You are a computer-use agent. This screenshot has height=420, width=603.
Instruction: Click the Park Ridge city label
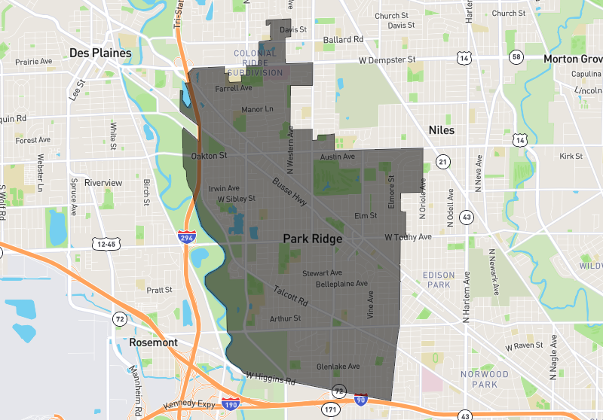click(x=312, y=239)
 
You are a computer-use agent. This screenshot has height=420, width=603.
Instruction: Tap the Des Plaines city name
click(x=100, y=53)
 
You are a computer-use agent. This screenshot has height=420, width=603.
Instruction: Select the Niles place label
click(x=442, y=130)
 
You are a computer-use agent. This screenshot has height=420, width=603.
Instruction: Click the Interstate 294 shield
click(x=185, y=237)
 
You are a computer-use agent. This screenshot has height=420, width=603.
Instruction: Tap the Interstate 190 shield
click(x=231, y=405)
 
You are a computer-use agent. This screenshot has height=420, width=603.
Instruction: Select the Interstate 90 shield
click(x=361, y=400)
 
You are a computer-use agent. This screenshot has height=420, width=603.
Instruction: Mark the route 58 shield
click(x=516, y=57)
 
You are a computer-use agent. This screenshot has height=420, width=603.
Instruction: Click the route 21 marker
click(x=443, y=162)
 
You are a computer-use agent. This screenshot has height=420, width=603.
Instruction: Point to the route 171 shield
click(x=330, y=409)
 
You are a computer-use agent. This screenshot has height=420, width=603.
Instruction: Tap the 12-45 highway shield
click(x=106, y=244)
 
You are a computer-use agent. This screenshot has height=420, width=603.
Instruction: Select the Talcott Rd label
click(x=291, y=294)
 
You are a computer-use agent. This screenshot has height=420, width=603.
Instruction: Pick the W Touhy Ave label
click(x=408, y=236)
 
